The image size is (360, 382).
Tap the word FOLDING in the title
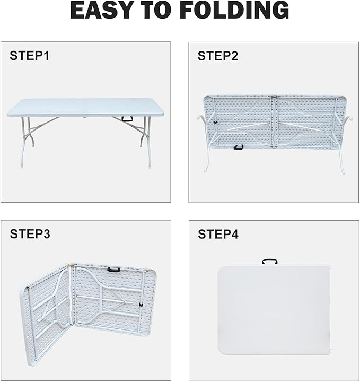(235, 10)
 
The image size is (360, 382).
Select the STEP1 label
(30, 56)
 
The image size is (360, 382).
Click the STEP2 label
(218, 56)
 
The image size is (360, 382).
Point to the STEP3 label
(30, 234)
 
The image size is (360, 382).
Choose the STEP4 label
(218, 234)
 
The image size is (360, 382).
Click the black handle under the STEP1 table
(128, 119)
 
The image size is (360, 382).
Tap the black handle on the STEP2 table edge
(239, 147)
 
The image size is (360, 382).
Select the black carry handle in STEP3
(114, 270)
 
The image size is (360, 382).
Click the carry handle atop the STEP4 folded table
(270, 262)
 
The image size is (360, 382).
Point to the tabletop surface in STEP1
(86, 107)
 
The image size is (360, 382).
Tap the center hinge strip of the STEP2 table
(275, 122)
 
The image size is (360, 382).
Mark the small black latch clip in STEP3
(141, 305)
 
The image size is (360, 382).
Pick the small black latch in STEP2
(215, 123)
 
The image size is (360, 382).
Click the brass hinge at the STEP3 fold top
(71, 265)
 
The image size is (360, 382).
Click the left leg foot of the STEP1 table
(22, 166)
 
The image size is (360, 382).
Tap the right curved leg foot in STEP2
(343, 172)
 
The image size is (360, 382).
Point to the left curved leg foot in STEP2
(205, 170)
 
